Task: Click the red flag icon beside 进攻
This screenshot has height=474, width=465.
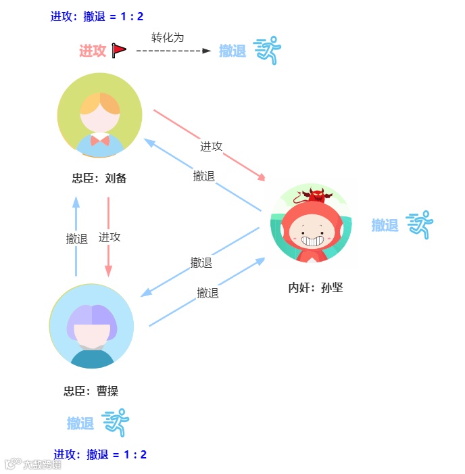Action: pyautogui.click(x=120, y=50)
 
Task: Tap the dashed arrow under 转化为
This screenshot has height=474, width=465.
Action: pyautogui.click(x=174, y=51)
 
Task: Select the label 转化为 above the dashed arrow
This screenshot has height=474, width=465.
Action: pyautogui.click(x=168, y=37)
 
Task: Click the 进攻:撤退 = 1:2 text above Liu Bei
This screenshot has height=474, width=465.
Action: pyautogui.click(x=97, y=16)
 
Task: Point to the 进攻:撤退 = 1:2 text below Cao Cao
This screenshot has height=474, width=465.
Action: pyautogui.click(x=100, y=454)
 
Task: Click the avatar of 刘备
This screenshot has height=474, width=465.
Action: pyautogui.click(x=100, y=115)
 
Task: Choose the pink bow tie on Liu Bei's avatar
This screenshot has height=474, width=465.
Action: pyautogui.click(x=100, y=140)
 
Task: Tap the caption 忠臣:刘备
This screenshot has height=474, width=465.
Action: pyautogui.click(x=99, y=179)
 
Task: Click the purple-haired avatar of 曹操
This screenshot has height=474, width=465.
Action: pyautogui.click(x=92, y=326)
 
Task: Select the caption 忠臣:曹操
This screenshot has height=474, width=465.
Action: pyautogui.click(x=91, y=391)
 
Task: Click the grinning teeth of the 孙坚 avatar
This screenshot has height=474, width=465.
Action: pyautogui.click(x=312, y=239)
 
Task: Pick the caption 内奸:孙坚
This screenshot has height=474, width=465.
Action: pyautogui.click(x=316, y=287)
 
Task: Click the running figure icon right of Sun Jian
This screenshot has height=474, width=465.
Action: pyautogui.click(x=419, y=224)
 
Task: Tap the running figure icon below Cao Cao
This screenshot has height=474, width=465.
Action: pyautogui.click(x=116, y=423)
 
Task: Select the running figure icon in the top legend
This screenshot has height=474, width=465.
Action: pyautogui.click(x=267, y=50)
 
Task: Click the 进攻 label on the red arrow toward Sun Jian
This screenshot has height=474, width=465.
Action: pyautogui.click(x=211, y=146)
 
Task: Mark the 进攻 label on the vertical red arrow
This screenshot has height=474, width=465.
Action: pyautogui.click(x=109, y=237)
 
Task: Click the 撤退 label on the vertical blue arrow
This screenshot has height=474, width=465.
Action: pyautogui.click(x=77, y=239)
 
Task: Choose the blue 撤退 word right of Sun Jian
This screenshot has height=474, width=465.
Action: pyautogui.click(x=385, y=225)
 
